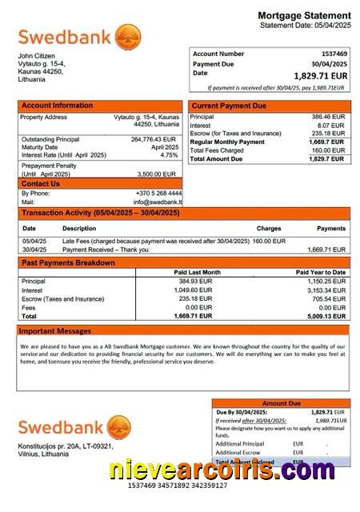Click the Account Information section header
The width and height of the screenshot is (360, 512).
tap(57, 106)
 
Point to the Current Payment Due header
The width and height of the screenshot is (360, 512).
tap(228, 106)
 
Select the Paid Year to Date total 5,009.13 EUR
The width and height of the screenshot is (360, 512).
tap(326, 316)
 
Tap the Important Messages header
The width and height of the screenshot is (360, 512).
tap(55, 330)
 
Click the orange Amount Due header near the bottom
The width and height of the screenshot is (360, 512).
tap(281, 404)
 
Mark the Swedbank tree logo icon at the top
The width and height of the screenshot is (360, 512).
tap(128, 37)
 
